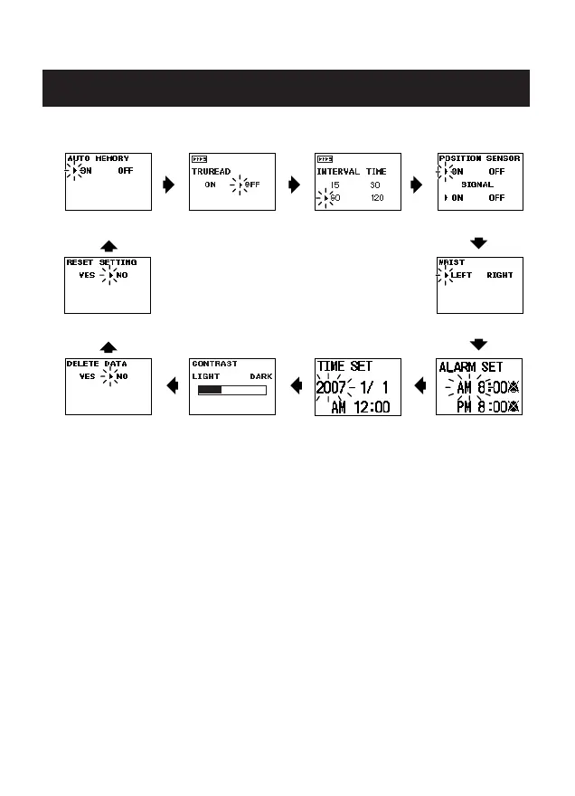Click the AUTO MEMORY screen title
click(x=98, y=158)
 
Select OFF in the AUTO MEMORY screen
click(x=127, y=170)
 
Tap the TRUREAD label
click(x=210, y=170)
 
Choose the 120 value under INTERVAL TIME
click(x=377, y=196)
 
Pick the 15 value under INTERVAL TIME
click(x=335, y=184)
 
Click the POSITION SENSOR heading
click(x=479, y=158)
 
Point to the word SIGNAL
click(x=479, y=184)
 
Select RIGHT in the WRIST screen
click(x=499, y=275)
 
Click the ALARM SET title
click(x=470, y=368)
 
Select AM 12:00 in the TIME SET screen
click(x=360, y=408)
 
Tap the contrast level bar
click(x=232, y=390)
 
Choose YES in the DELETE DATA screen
click(x=87, y=375)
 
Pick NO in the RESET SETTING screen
click(x=121, y=275)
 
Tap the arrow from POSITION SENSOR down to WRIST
click(x=479, y=242)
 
